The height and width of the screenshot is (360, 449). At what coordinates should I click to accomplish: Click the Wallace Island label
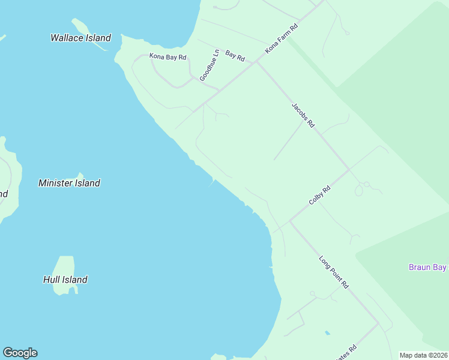pos(80,38)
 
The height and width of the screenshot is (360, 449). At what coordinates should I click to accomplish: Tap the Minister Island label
pos(69,183)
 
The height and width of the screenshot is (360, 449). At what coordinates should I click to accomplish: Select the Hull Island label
pos(65,280)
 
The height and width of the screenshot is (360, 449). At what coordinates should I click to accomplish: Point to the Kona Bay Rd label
pos(167,57)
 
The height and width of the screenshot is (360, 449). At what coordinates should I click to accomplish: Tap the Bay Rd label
pos(235,56)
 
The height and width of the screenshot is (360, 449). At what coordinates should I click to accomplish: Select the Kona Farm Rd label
pos(282,40)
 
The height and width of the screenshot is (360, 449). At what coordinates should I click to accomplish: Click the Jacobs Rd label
pos(303,115)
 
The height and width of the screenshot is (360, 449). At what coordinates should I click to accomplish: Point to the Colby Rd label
pos(319,196)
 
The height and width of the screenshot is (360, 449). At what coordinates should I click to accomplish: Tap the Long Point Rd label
pos(334,272)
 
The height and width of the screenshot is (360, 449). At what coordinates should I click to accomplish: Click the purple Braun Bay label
pos(427,267)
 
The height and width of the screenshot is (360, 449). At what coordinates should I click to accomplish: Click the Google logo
pos(20,353)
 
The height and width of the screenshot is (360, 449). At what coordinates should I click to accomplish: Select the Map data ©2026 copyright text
pos(423,355)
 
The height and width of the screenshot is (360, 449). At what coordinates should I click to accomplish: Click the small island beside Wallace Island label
pos(81,26)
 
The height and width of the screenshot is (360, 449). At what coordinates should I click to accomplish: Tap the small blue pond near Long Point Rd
pos(327,332)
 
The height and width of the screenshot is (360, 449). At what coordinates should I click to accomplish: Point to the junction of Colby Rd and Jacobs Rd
pos(349,170)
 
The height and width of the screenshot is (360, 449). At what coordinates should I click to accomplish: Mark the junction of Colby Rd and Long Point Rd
pos(290,221)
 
